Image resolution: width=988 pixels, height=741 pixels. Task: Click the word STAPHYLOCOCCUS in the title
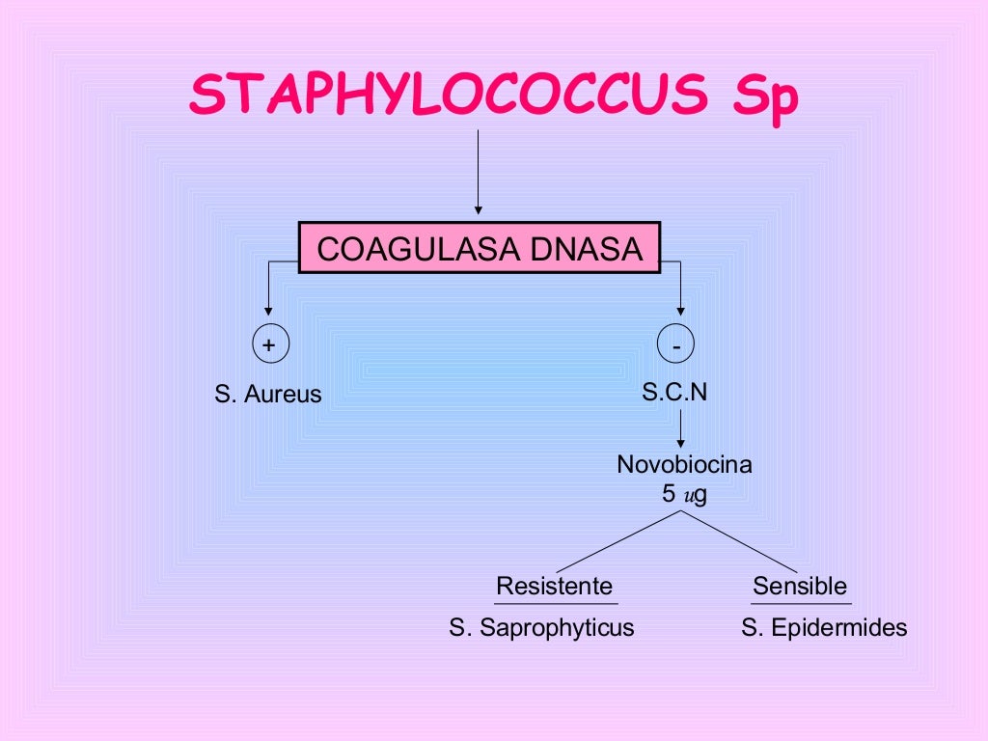[449, 94]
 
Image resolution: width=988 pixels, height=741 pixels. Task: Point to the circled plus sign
[268, 344]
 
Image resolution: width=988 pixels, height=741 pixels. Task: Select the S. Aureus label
[268, 395]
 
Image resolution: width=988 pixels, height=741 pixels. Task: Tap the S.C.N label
[680, 392]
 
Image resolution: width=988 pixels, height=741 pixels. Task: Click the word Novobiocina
[684, 465]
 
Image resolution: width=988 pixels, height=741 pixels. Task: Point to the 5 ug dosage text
[684, 495]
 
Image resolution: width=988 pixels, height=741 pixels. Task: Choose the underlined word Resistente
[554, 586]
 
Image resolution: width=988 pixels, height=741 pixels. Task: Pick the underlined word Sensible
[800, 586]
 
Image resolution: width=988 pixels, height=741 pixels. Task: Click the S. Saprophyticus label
[541, 628]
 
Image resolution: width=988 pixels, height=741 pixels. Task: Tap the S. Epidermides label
[824, 628]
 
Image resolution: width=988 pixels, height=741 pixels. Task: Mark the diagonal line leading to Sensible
[740, 541]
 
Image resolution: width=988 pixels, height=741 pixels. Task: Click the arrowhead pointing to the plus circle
[268, 310]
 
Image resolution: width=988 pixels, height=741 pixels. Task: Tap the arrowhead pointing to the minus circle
[681, 310]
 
